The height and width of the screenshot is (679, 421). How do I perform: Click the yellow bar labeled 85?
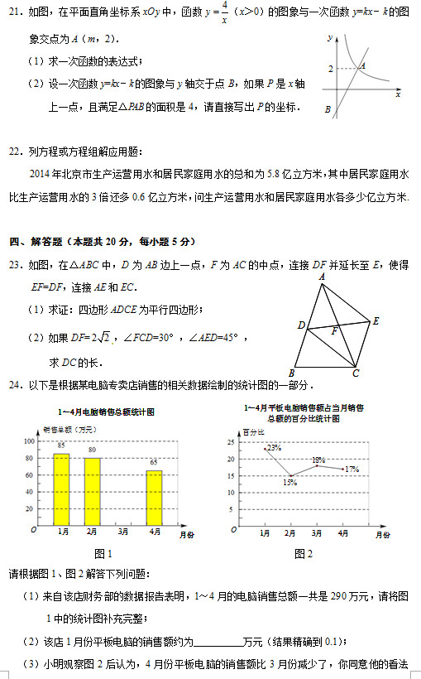(61, 489)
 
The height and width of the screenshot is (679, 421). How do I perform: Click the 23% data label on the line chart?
(274, 448)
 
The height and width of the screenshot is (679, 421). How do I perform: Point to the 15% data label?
(290, 481)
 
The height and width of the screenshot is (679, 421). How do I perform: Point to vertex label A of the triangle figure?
(322, 277)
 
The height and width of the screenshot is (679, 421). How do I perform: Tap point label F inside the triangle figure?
(334, 331)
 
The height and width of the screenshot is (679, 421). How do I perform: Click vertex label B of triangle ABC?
(291, 372)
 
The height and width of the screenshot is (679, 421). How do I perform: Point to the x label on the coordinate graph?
(398, 94)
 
